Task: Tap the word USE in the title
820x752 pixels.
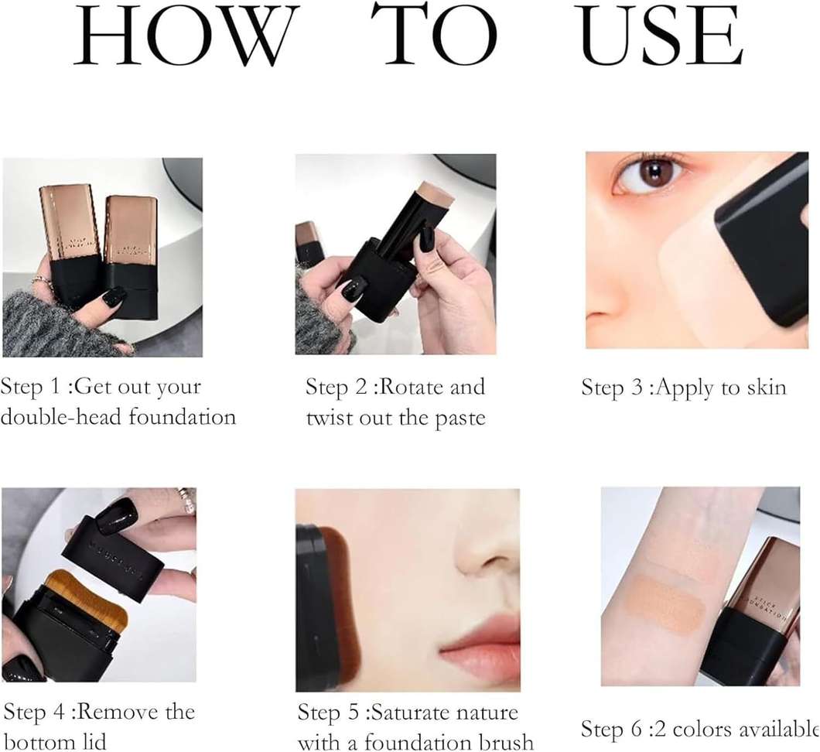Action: (661, 35)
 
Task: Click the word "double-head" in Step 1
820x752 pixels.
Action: (60, 417)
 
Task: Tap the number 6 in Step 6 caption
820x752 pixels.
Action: (635, 730)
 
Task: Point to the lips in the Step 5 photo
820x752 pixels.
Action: (479, 648)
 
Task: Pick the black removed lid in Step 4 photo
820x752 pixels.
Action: (112, 558)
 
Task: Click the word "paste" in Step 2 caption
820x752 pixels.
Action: (460, 419)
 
